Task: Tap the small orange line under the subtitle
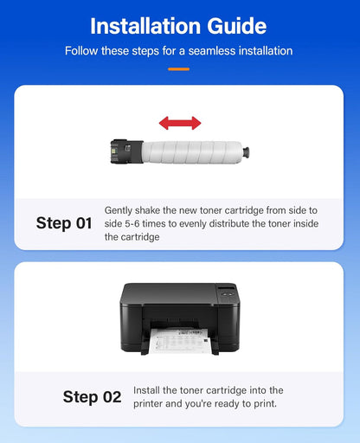pos(179,67)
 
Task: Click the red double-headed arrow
pos(179,123)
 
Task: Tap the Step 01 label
pos(64,223)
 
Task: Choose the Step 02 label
pos(92,397)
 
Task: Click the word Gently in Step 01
pos(120,210)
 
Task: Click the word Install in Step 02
pos(149,391)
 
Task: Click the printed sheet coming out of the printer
pos(177,341)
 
